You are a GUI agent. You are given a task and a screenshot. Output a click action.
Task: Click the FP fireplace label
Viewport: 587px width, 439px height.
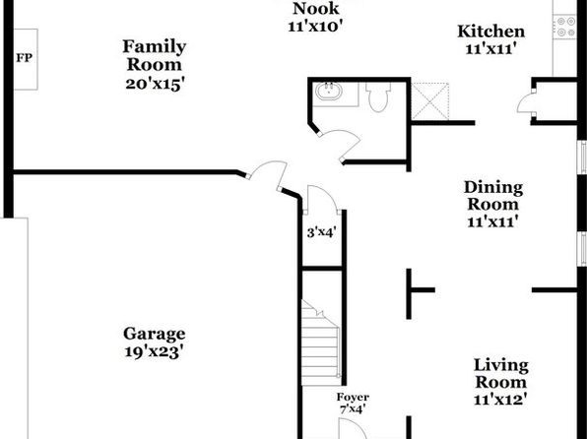click(x=25, y=58)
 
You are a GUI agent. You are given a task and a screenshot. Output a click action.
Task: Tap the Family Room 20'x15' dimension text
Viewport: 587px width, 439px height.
click(x=155, y=84)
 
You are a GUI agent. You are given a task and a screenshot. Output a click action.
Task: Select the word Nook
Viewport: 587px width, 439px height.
click(x=315, y=9)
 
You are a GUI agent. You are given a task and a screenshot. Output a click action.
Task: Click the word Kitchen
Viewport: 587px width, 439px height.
click(x=491, y=31)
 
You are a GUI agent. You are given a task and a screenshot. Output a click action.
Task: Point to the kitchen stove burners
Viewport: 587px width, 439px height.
click(x=565, y=27)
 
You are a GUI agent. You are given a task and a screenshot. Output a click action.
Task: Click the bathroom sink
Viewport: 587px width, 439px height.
click(x=329, y=92)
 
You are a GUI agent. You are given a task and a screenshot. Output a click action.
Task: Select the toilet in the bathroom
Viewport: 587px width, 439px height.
click(x=378, y=97)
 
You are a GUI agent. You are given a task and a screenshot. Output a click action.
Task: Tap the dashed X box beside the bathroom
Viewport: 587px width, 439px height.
click(x=429, y=101)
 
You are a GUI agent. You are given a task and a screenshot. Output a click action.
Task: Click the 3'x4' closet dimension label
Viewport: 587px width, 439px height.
click(x=321, y=232)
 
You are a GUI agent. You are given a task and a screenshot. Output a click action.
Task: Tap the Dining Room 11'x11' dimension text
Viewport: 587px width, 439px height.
click(x=492, y=221)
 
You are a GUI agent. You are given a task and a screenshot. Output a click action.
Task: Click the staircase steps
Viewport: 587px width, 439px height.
click(x=321, y=344)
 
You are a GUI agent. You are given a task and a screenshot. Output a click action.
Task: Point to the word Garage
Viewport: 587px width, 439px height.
click(x=155, y=334)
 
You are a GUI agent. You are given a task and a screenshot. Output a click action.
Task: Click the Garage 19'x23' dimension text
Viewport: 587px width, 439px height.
click(x=154, y=351)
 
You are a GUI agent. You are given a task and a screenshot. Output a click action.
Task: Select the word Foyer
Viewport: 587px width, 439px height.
click(x=353, y=397)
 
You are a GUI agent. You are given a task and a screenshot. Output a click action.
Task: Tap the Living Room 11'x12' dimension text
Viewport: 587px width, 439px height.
click(x=500, y=400)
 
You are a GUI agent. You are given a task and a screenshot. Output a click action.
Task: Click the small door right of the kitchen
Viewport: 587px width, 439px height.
click(x=526, y=100)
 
